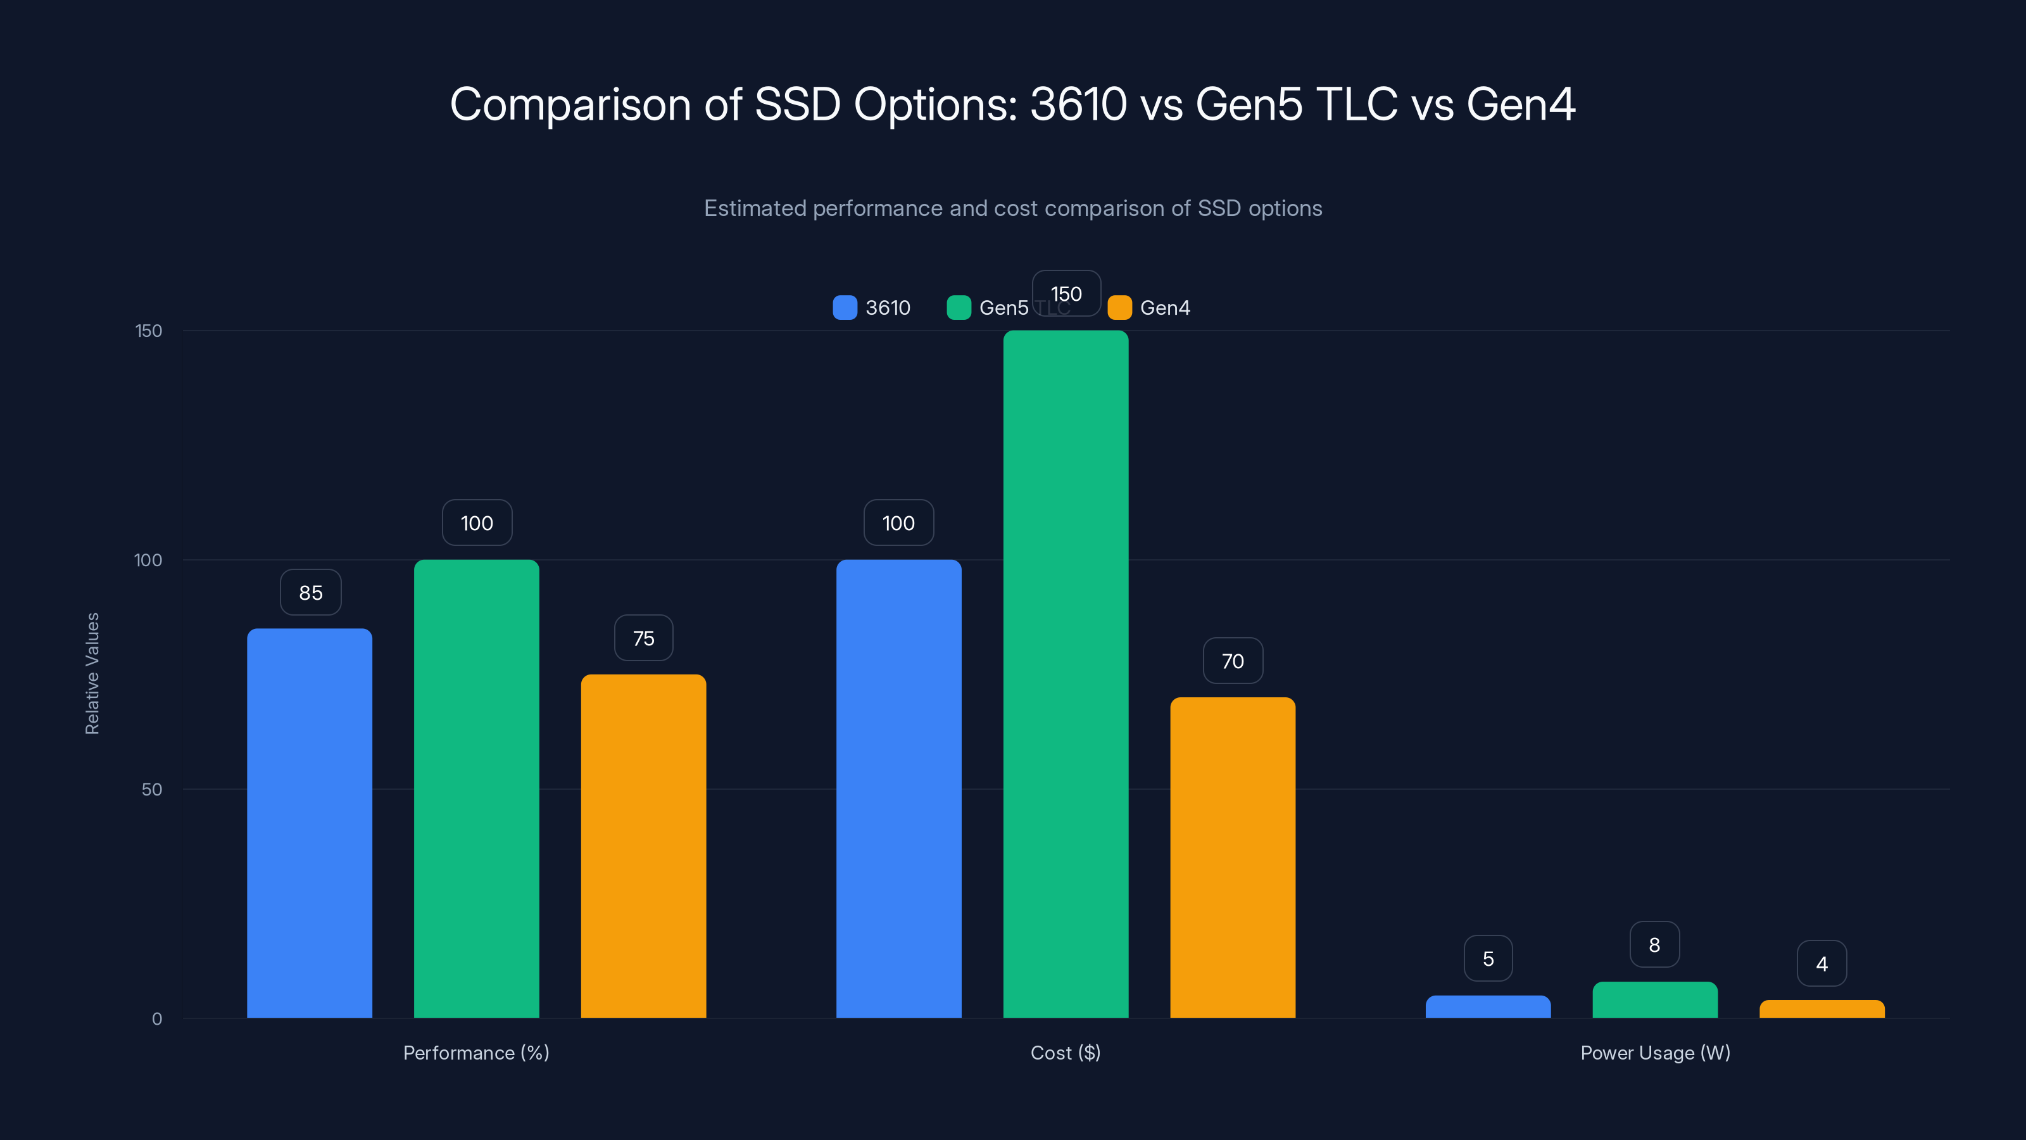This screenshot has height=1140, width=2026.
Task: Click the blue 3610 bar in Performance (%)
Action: pyautogui.click(x=309, y=822)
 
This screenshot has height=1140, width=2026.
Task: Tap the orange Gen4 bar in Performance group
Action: pyautogui.click(x=643, y=845)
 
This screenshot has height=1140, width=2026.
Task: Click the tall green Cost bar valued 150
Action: pyautogui.click(x=1066, y=673)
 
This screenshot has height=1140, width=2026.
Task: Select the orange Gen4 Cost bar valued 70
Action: pyautogui.click(x=1233, y=857)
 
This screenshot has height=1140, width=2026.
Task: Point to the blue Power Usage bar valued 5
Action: pyautogui.click(x=1488, y=1007)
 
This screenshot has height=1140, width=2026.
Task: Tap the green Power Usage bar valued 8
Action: pyautogui.click(x=1655, y=1000)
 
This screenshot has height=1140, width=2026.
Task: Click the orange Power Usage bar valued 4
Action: pyautogui.click(x=1822, y=1010)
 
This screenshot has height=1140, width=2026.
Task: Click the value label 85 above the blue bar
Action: pyautogui.click(x=311, y=592)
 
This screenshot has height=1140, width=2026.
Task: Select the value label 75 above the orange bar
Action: pyautogui.click(x=643, y=638)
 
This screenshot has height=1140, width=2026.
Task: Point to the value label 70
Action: pyautogui.click(x=1233, y=661)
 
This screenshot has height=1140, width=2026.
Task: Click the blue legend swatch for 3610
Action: pyautogui.click(x=845, y=308)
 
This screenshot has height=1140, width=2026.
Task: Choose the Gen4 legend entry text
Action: pyautogui.click(x=1165, y=308)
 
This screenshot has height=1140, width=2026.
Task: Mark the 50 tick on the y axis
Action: pyautogui.click(x=151, y=789)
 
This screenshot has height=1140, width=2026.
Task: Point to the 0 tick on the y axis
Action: pyautogui.click(x=156, y=1019)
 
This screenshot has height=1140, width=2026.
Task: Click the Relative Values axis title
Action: pyautogui.click(x=92, y=673)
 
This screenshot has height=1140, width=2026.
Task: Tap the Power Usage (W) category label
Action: pyautogui.click(x=1655, y=1053)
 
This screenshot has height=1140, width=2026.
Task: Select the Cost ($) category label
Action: pyautogui.click(x=1065, y=1053)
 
